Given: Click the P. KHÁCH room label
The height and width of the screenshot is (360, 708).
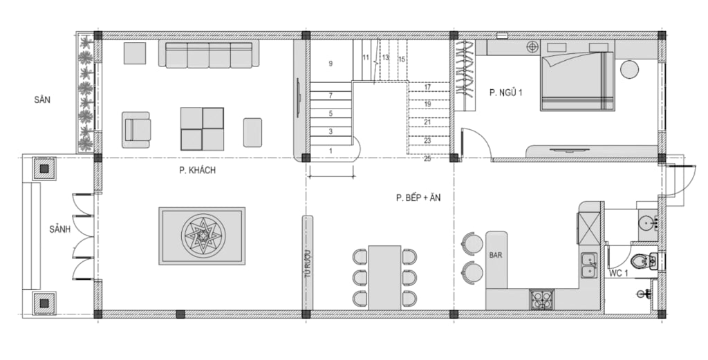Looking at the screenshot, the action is pyautogui.click(x=197, y=171).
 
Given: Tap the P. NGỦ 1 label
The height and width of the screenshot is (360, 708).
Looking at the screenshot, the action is pyautogui.click(x=505, y=93).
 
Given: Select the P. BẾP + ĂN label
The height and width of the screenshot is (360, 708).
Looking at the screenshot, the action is pyautogui.click(x=418, y=198).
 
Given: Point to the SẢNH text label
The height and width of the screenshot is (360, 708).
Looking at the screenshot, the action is pyautogui.click(x=60, y=229).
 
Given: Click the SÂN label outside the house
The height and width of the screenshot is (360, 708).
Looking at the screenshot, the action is pyautogui.click(x=42, y=100).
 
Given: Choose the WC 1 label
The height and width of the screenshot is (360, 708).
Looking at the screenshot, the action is pyautogui.click(x=618, y=274).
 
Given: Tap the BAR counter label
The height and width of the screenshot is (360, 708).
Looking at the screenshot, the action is pyautogui.click(x=495, y=256).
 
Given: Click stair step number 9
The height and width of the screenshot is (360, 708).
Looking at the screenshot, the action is pyautogui.click(x=330, y=64).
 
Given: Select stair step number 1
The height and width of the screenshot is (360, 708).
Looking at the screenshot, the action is pyautogui.click(x=330, y=151).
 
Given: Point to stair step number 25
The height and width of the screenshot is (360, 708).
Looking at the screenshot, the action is pyautogui.click(x=427, y=159).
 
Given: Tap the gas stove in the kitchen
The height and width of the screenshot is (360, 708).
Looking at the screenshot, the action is pyautogui.click(x=541, y=300).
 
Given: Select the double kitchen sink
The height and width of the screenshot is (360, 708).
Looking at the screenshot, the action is pyautogui.click(x=589, y=265).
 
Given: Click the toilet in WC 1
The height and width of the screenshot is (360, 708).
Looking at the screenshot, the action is pyautogui.click(x=644, y=260).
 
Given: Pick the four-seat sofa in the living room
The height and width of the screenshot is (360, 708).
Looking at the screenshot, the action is pyautogui.click(x=209, y=54).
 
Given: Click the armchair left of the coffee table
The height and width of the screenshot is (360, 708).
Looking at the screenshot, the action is pyautogui.click(x=136, y=130).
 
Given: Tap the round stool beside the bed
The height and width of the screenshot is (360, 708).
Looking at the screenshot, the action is pyautogui.click(x=629, y=69).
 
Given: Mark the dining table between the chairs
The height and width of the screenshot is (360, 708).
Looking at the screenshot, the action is pyautogui.click(x=384, y=278).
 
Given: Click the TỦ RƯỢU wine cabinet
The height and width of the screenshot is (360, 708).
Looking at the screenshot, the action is pyautogui.click(x=307, y=263).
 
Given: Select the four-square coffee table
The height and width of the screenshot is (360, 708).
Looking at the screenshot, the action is pyautogui.click(x=203, y=129).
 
